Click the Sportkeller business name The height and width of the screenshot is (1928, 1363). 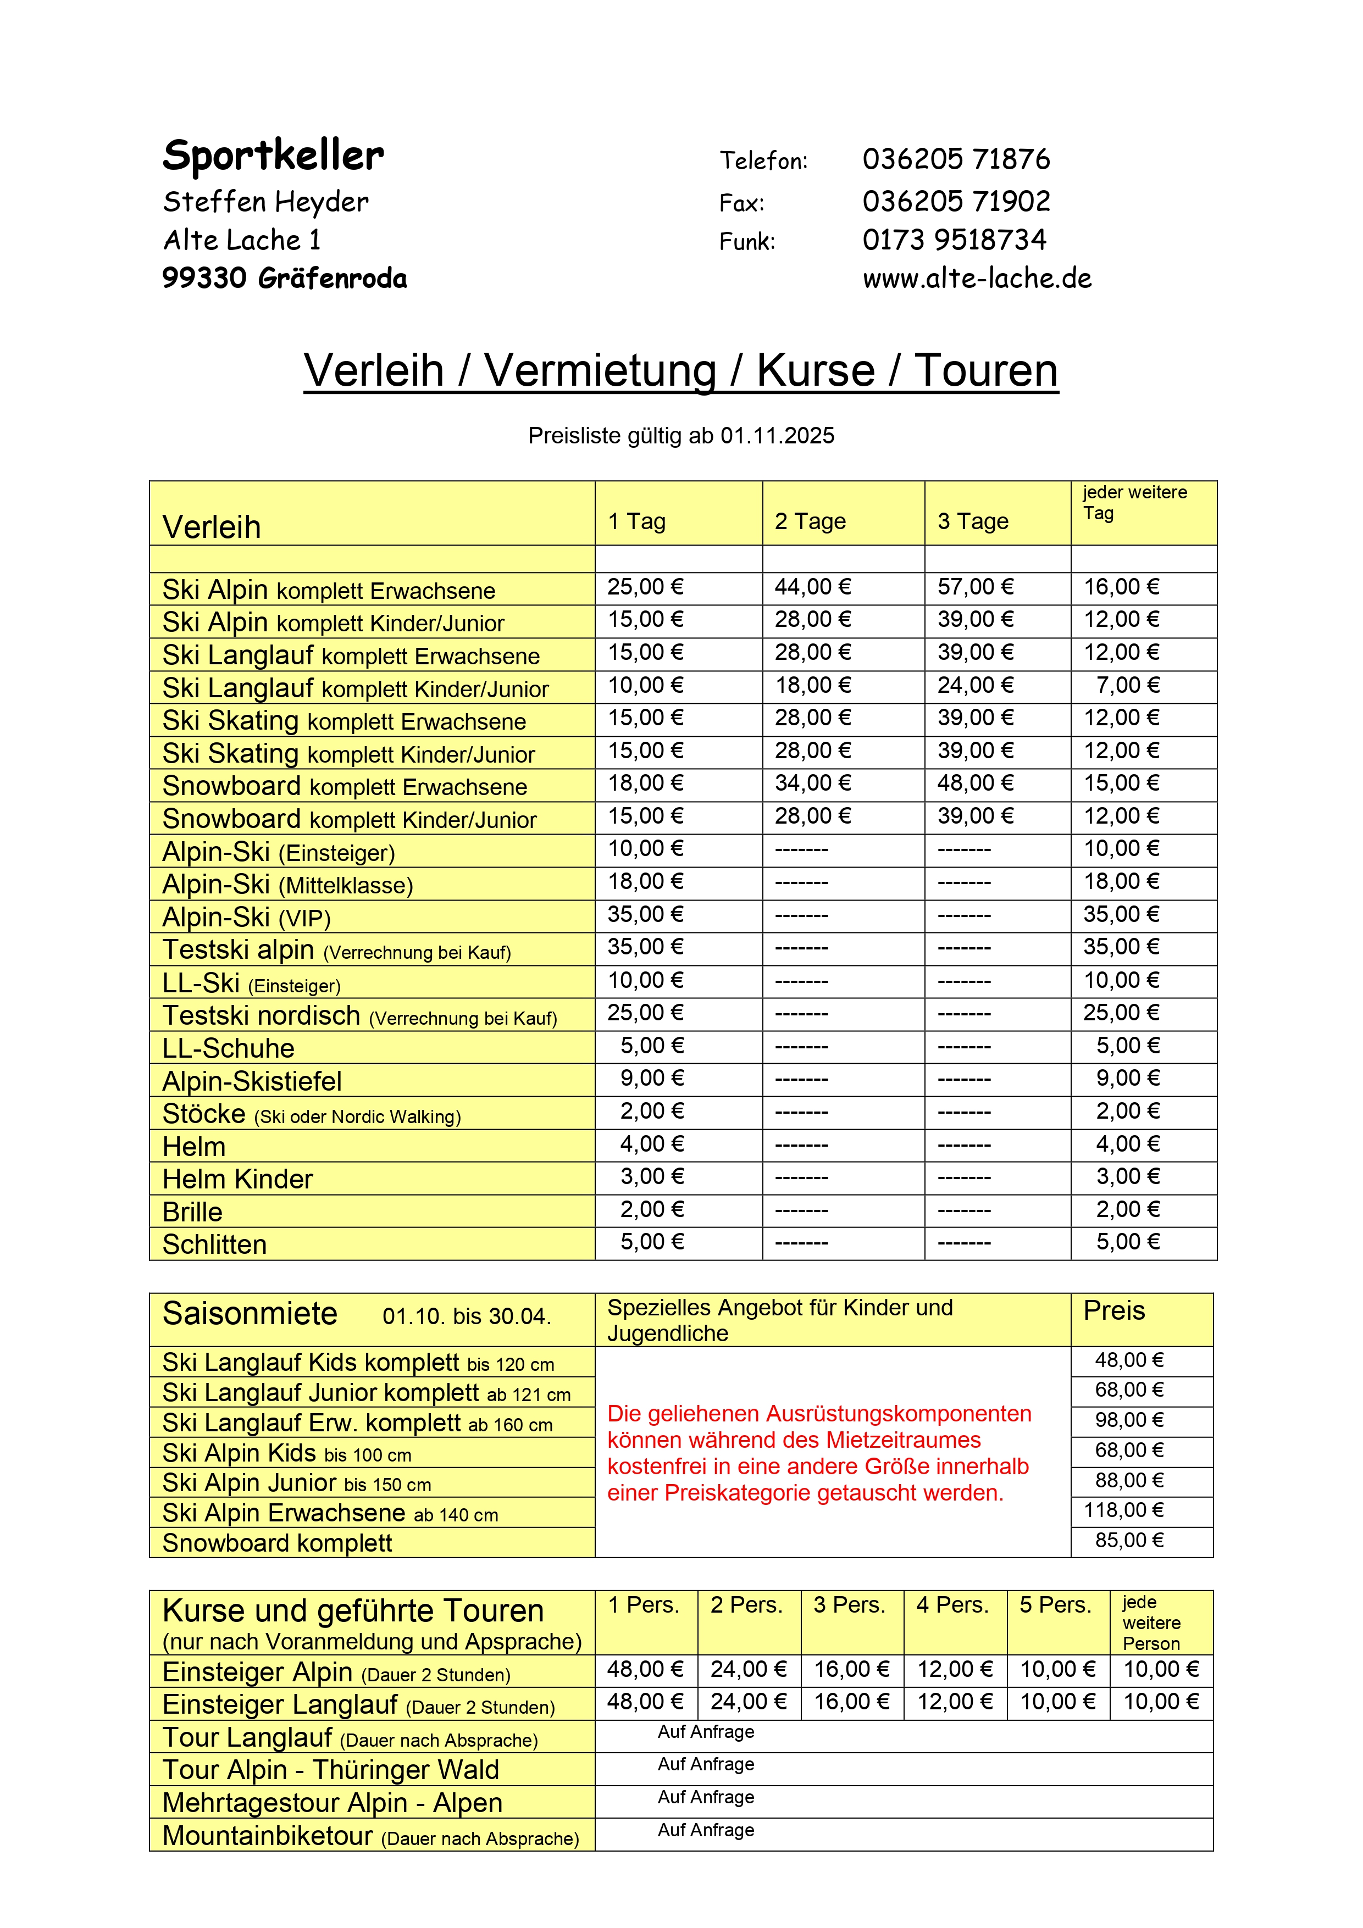[x=273, y=155]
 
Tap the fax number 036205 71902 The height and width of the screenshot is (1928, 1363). [x=956, y=202]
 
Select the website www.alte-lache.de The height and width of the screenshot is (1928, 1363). [x=977, y=278]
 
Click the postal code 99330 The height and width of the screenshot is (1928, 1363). [x=204, y=278]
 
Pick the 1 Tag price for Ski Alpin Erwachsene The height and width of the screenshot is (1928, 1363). [x=645, y=587]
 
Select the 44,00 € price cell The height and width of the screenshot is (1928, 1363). [x=812, y=587]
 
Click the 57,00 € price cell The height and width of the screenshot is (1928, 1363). [x=975, y=587]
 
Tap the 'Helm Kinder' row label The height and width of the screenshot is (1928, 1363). [x=237, y=1179]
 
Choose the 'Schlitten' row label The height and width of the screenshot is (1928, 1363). [x=214, y=1244]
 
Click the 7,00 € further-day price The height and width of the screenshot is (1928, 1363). [x=1127, y=685]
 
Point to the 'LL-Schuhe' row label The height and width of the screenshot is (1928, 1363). [x=229, y=1048]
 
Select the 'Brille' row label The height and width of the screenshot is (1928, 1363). [x=192, y=1212]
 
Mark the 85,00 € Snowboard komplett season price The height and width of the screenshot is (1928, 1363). [x=1129, y=1540]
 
